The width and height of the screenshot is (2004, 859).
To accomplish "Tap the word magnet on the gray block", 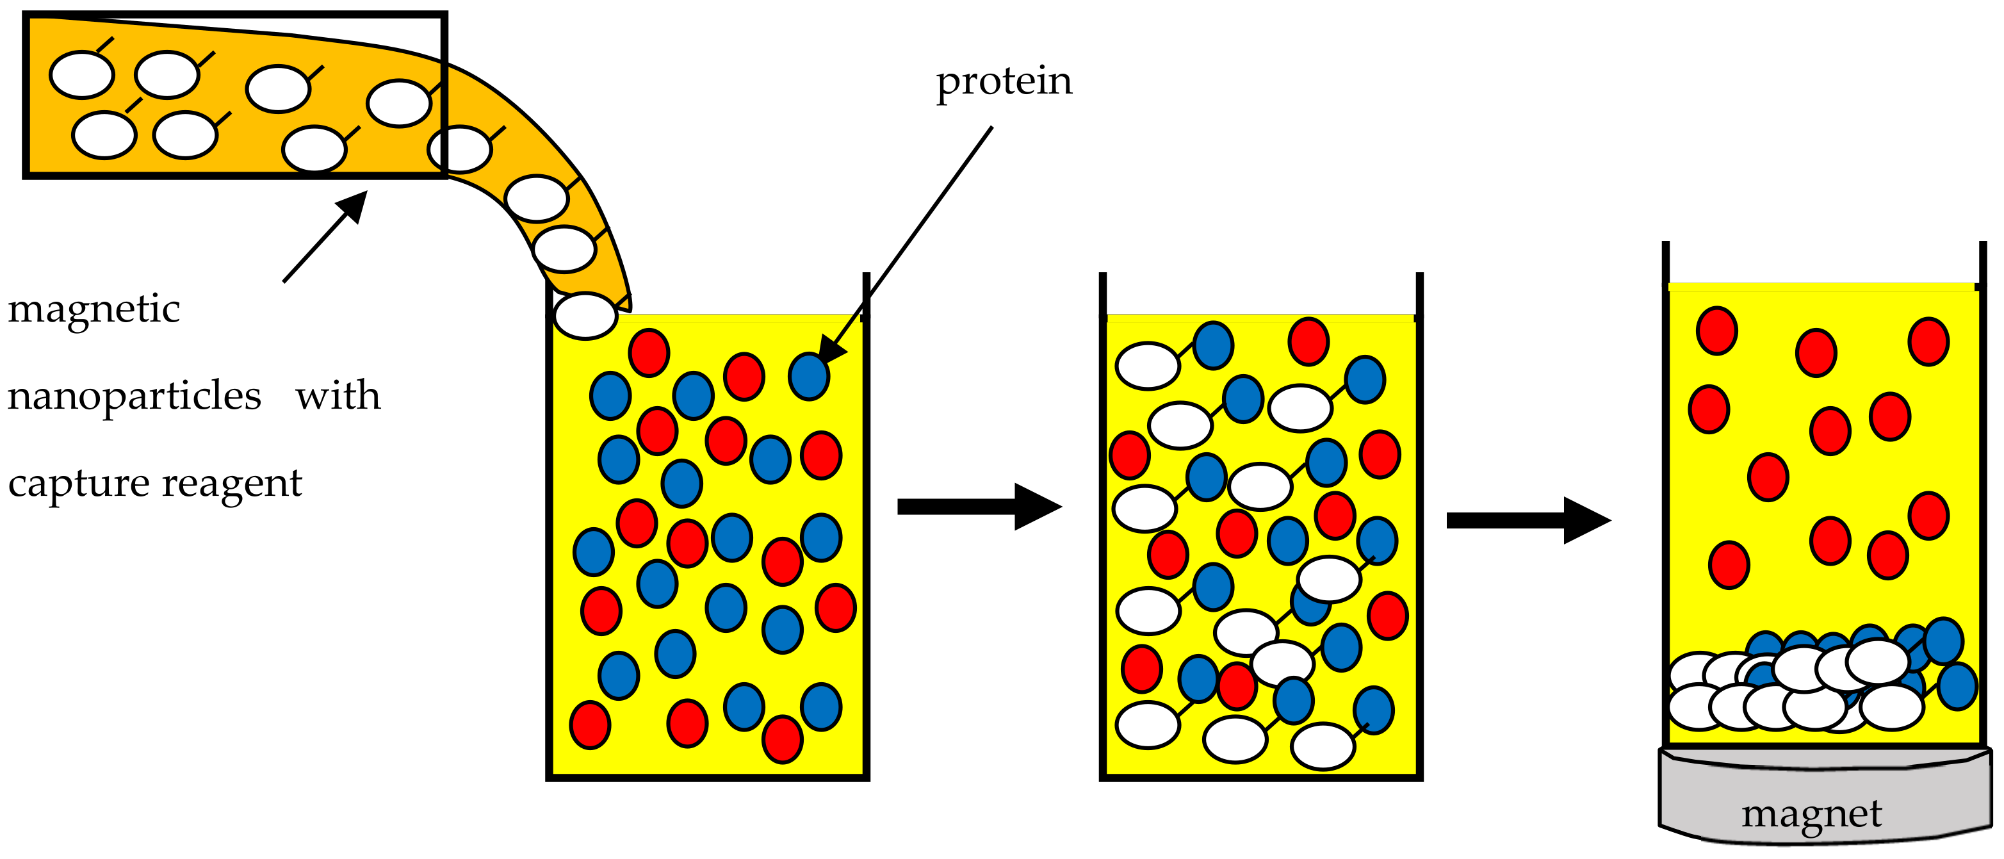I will pos(1811,815).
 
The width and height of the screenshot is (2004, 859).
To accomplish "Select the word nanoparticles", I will pos(134,396).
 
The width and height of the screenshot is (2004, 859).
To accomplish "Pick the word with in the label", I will pos(338,396).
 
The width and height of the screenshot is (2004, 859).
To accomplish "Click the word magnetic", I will pos(94,309).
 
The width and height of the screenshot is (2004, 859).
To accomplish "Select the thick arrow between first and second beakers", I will pos(979,507).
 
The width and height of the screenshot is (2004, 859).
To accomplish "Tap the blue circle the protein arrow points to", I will pos(808,377).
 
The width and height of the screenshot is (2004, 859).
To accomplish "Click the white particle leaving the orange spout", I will pos(585,316).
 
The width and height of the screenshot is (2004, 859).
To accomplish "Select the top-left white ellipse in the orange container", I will pos(82,76).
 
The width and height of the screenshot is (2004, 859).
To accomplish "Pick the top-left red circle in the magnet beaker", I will pos(1717,331).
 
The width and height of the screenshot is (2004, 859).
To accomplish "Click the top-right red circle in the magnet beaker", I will pos(1928,341).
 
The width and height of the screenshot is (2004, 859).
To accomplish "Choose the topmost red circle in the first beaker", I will pos(649,352).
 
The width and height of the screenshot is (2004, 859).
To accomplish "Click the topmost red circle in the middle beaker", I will pos(1308,341).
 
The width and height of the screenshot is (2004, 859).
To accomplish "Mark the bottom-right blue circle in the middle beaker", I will pos(1373,710).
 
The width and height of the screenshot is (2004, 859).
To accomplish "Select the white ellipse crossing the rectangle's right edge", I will pos(460,149).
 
